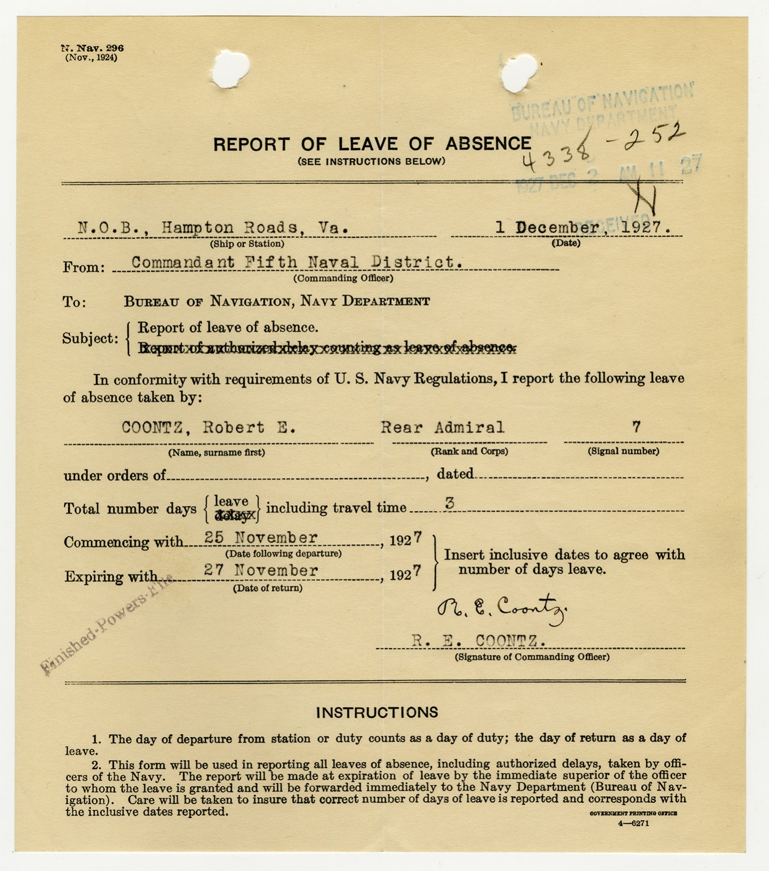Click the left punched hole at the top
230,68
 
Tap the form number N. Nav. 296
92,48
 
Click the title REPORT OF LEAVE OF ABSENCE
372,144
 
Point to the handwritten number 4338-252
603,148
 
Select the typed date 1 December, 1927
583,227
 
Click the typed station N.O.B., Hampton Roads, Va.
213,227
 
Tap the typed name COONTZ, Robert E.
208,428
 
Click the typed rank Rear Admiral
442,427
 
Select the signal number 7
636,427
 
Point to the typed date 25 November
261,537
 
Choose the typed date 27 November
261,570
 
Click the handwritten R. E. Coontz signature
501,609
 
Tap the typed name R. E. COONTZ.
478,640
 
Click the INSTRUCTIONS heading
377,712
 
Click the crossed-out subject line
327,348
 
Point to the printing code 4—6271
634,824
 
